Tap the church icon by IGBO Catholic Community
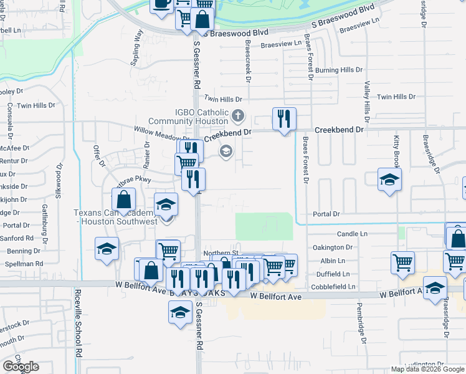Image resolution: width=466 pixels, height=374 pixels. tap(238, 115)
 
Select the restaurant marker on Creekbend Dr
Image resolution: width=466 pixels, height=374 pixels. tap(284, 118)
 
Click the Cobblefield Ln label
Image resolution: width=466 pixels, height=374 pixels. tap(335, 287)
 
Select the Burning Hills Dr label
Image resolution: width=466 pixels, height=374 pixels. tap(338, 71)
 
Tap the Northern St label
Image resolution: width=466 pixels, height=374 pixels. tap(217, 252)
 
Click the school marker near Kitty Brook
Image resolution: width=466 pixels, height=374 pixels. tap(390, 181)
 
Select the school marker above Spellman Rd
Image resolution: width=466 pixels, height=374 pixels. tap(107, 249)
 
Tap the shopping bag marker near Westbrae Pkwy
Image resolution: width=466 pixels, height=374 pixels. tap(125, 200)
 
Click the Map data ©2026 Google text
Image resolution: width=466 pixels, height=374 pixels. tap(427, 369)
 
